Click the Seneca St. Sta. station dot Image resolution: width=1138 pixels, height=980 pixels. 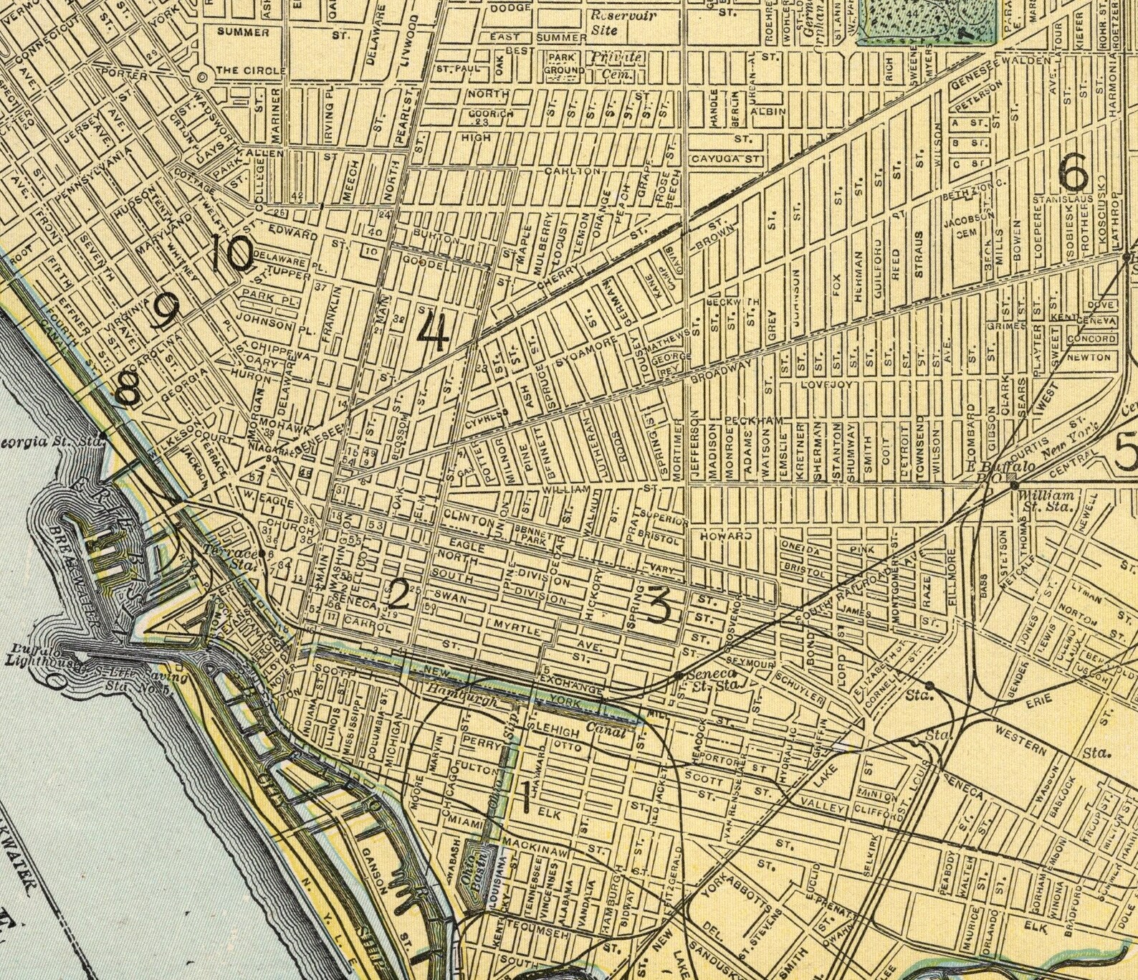[679, 675]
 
